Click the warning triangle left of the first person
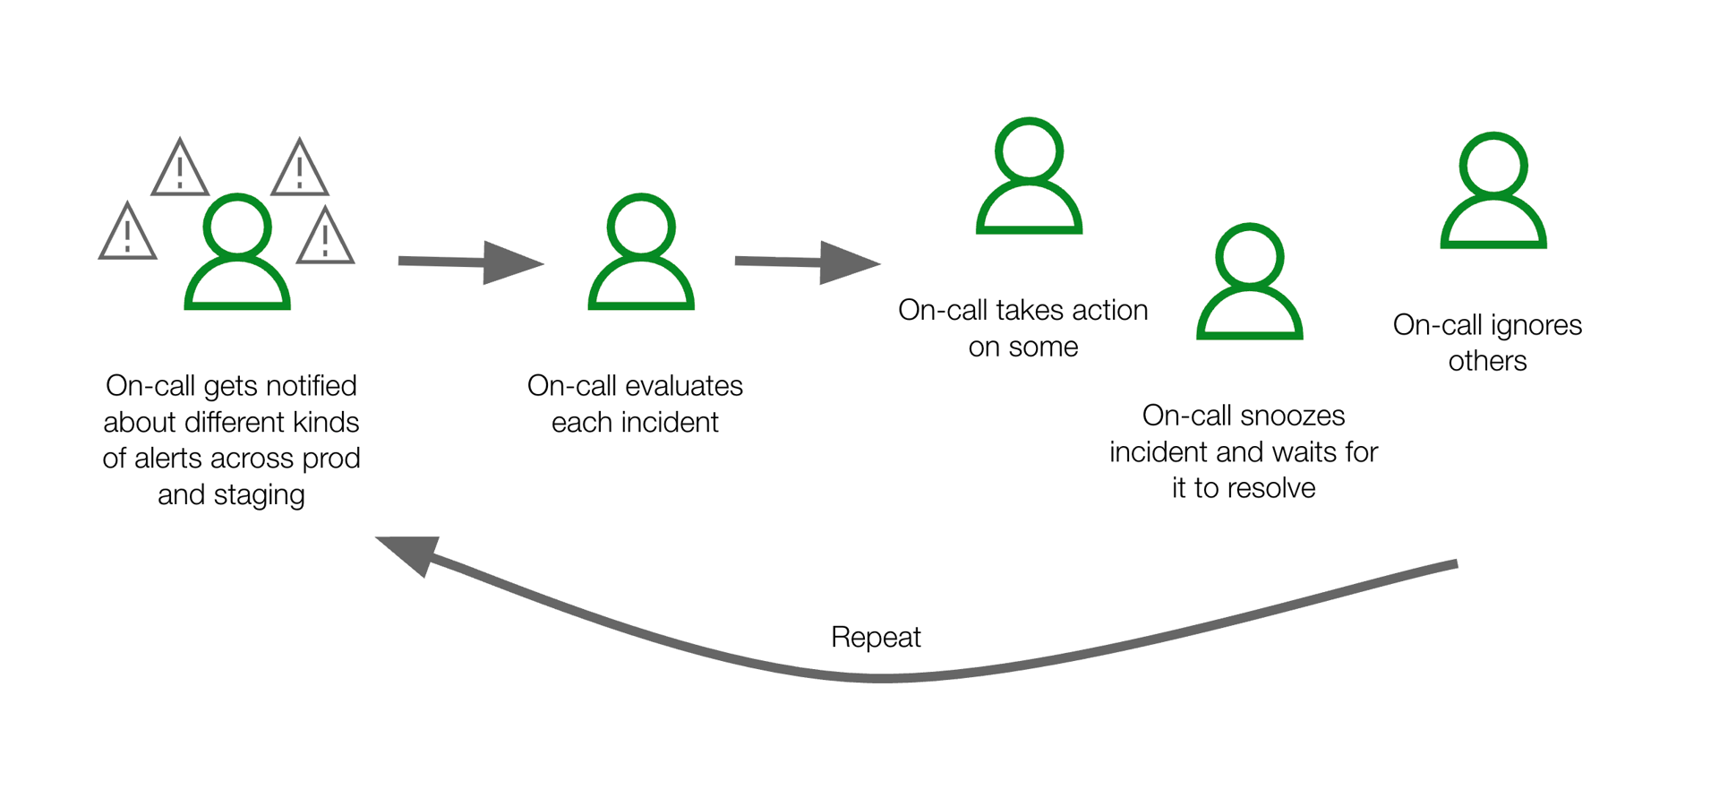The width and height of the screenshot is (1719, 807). pos(127,233)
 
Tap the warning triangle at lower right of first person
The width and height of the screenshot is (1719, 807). pos(326,238)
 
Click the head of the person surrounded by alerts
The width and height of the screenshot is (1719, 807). pos(237,226)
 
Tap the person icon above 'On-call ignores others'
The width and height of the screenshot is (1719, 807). pos(1493,192)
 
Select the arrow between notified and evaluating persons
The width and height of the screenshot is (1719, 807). pos(471,262)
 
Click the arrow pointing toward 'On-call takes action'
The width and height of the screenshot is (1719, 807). pos(808,262)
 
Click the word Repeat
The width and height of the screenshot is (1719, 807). pos(876,637)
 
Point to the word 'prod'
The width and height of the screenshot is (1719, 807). pos(331,459)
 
